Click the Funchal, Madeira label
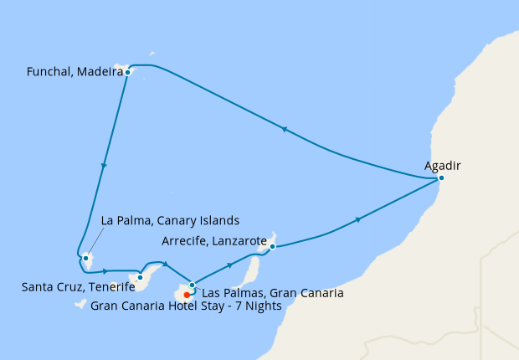69,73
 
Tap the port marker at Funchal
126,73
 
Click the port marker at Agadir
441,178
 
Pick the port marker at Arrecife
273,246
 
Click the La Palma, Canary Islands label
170,221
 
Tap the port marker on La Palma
86,257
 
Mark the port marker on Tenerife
141,277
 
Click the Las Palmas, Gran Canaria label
273,293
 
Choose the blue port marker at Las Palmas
193,285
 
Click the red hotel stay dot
186,295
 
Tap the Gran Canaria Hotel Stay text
185,306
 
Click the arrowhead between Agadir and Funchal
285,129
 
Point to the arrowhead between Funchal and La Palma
104,166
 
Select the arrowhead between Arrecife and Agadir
359,219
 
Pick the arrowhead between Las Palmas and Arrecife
229,266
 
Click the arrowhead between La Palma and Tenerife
105,271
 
